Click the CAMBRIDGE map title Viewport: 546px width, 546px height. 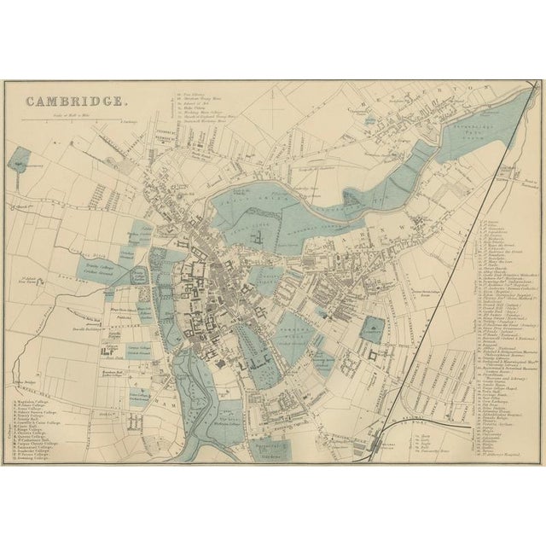(76, 101)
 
